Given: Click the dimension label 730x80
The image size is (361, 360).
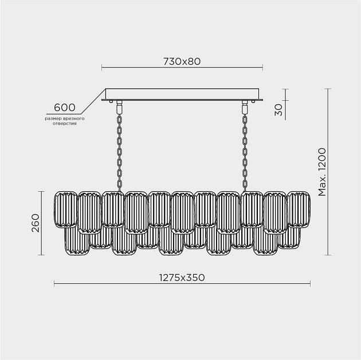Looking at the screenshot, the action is click(182, 61).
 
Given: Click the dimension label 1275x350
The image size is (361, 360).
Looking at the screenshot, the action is click(182, 278).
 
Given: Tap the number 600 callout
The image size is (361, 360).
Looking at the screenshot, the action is click(65, 108).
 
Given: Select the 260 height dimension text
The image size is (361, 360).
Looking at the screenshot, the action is click(36, 223).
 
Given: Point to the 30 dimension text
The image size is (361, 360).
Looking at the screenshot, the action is click(278, 110).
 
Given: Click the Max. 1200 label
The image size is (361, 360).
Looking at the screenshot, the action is click(322, 172).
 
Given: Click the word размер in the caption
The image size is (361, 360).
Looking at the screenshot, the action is click(53, 119).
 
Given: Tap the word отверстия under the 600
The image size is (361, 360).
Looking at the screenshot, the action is click(64, 124).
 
